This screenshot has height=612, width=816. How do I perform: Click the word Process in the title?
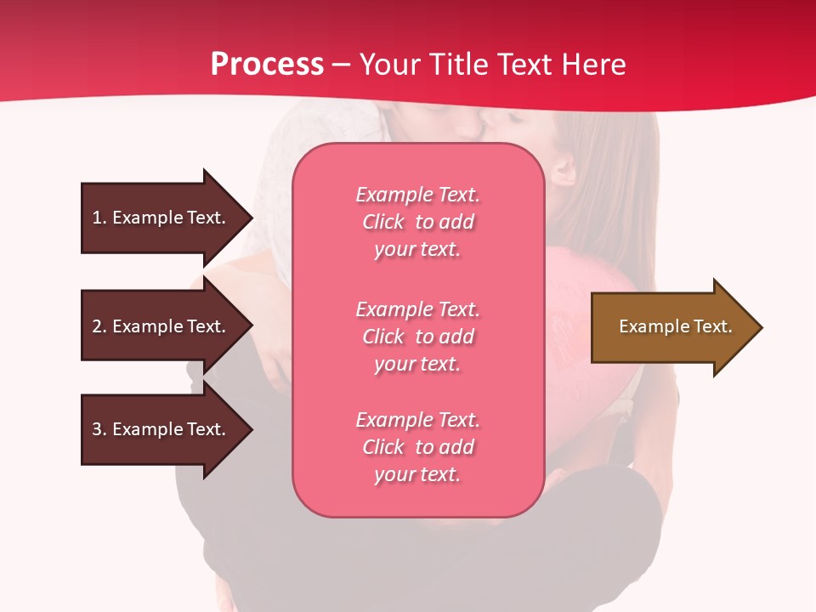point(267,65)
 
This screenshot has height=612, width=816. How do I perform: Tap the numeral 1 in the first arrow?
point(97,218)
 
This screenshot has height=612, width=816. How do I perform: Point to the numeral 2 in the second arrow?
point(97,326)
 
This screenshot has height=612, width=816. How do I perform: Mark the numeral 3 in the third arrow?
point(97,429)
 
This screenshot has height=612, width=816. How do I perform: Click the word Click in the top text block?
point(383,222)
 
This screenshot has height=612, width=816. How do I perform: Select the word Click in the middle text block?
point(383,337)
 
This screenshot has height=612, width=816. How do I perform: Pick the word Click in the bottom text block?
point(383,447)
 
